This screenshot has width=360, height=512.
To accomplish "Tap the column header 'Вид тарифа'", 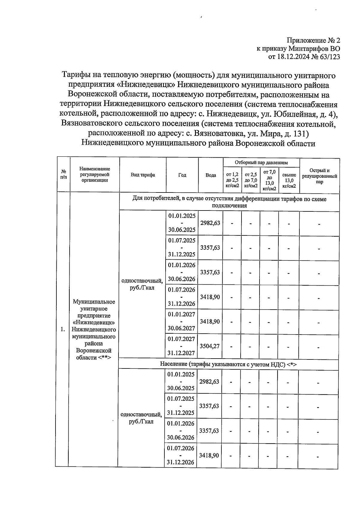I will pyautogui.click(x=143, y=175).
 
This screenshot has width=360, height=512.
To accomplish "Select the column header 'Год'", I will pyautogui.click(x=182, y=175).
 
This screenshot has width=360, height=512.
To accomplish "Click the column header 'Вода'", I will pyautogui.click(x=211, y=175).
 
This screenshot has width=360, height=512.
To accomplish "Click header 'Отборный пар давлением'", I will pyautogui.click(x=261, y=162).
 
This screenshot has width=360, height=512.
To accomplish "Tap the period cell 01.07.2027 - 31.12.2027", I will pyautogui.click(x=181, y=346).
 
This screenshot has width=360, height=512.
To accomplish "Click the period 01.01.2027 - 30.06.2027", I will pyautogui.click(x=181, y=321).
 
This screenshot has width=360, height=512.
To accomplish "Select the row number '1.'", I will pyautogui.click(x=63, y=329).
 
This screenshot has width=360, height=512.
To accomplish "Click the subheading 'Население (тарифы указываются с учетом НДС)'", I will pyautogui.click(x=228, y=364).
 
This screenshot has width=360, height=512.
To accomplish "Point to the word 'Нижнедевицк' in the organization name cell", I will pyautogui.click(x=94, y=323).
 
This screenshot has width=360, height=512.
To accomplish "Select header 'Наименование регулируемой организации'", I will pyautogui.click(x=94, y=175).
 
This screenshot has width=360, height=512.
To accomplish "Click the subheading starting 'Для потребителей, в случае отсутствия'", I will pyautogui.click(x=229, y=202).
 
